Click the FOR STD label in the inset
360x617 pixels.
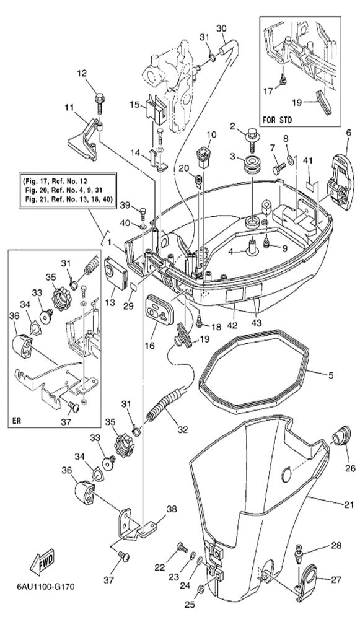coord(278,120)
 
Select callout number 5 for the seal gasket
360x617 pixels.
coord(330,375)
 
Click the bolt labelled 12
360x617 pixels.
coord(99,102)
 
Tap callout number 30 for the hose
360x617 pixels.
coord(221,28)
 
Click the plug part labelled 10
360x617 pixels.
coord(203,158)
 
